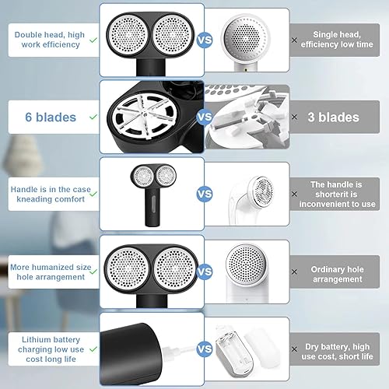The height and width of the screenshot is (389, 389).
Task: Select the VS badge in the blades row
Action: [x=205, y=117]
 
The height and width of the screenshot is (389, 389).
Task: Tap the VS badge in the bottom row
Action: [x=205, y=350]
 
